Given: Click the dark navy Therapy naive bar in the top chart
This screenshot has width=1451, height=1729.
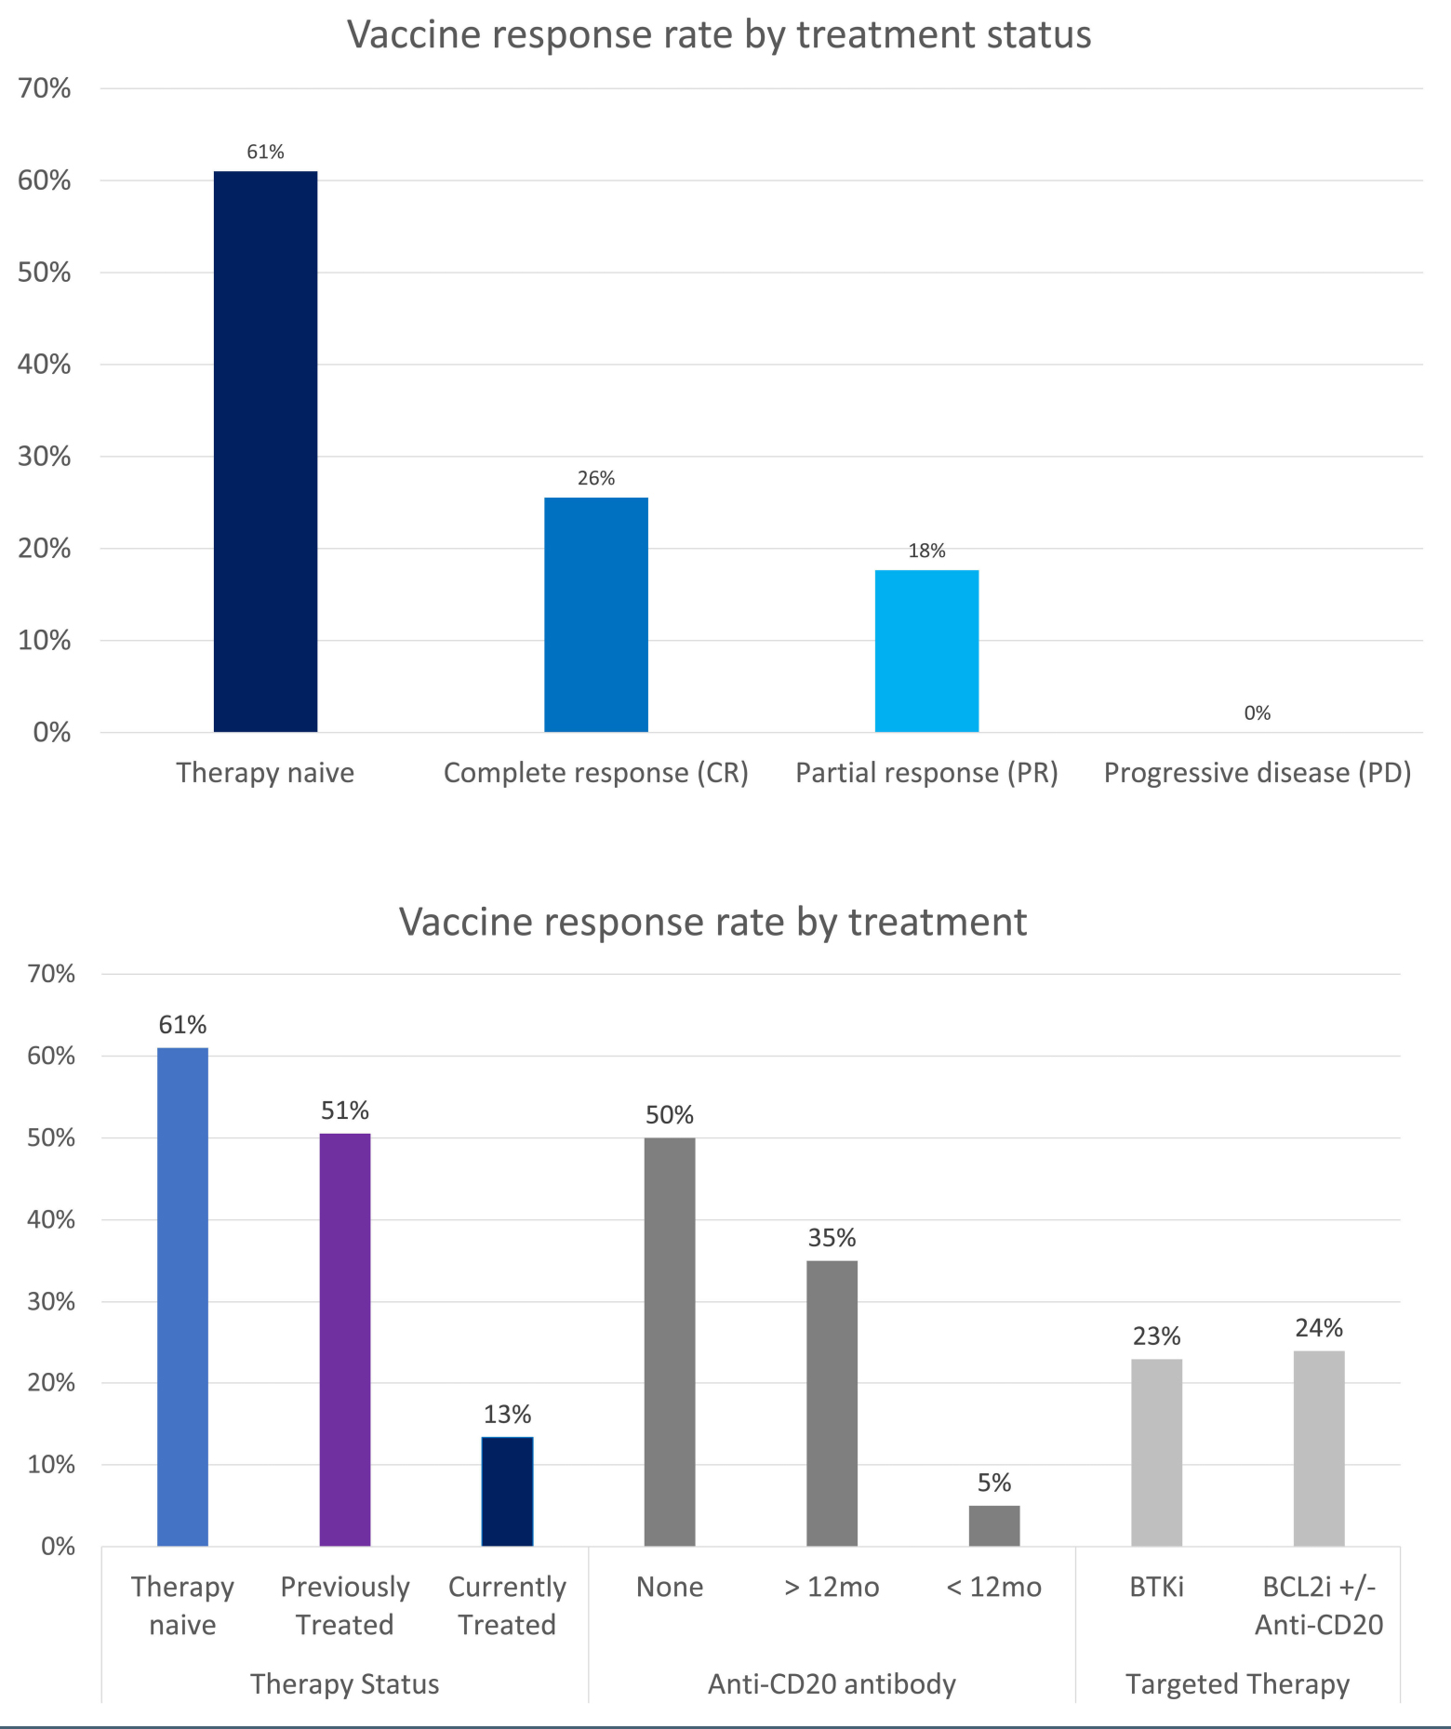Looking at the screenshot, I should [x=265, y=451].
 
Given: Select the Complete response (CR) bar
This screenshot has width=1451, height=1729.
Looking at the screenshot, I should [x=595, y=615].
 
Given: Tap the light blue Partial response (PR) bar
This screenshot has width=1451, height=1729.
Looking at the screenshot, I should [x=926, y=651].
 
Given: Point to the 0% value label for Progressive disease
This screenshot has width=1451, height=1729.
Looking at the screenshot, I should [x=1257, y=713].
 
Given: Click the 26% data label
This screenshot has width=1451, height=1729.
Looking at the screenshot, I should [x=595, y=478].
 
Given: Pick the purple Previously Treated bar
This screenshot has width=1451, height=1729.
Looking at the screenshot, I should [x=344, y=1339].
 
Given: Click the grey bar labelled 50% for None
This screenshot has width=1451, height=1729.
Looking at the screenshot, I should [x=669, y=1341].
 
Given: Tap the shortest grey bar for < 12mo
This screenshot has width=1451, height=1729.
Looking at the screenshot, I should [x=993, y=1525].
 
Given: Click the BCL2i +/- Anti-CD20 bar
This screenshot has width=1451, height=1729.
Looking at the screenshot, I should [x=1318, y=1448].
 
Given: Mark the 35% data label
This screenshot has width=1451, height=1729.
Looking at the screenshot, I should [x=832, y=1238].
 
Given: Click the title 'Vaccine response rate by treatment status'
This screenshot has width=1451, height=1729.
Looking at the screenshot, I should [x=719, y=35].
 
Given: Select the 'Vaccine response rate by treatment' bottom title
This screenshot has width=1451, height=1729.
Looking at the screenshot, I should [x=712, y=922].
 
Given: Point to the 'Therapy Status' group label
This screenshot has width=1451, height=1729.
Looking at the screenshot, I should [x=344, y=1684].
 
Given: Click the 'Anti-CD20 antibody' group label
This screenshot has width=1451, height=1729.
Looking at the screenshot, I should [x=832, y=1684].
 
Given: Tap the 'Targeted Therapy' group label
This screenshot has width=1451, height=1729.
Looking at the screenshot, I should [x=1237, y=1684].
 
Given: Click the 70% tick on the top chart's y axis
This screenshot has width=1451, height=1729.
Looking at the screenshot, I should [x=45, y=88].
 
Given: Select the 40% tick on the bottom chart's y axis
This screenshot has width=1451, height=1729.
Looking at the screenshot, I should [x=51, y=1219].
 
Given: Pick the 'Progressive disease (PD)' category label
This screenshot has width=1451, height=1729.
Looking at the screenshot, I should [x=1257, y=773].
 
